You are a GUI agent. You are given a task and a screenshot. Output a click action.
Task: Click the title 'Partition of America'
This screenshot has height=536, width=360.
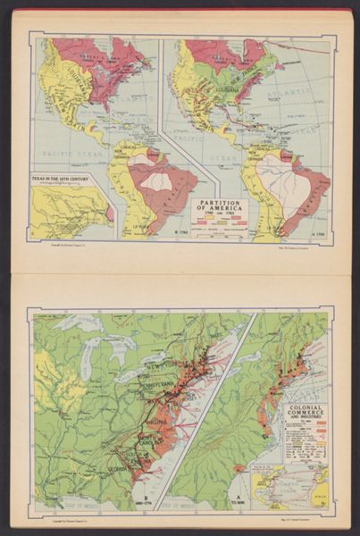[220, 206]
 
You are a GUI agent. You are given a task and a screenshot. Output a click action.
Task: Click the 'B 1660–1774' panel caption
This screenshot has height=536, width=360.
[143, 499]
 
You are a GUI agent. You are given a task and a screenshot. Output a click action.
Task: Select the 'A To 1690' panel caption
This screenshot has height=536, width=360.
[239, 499]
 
